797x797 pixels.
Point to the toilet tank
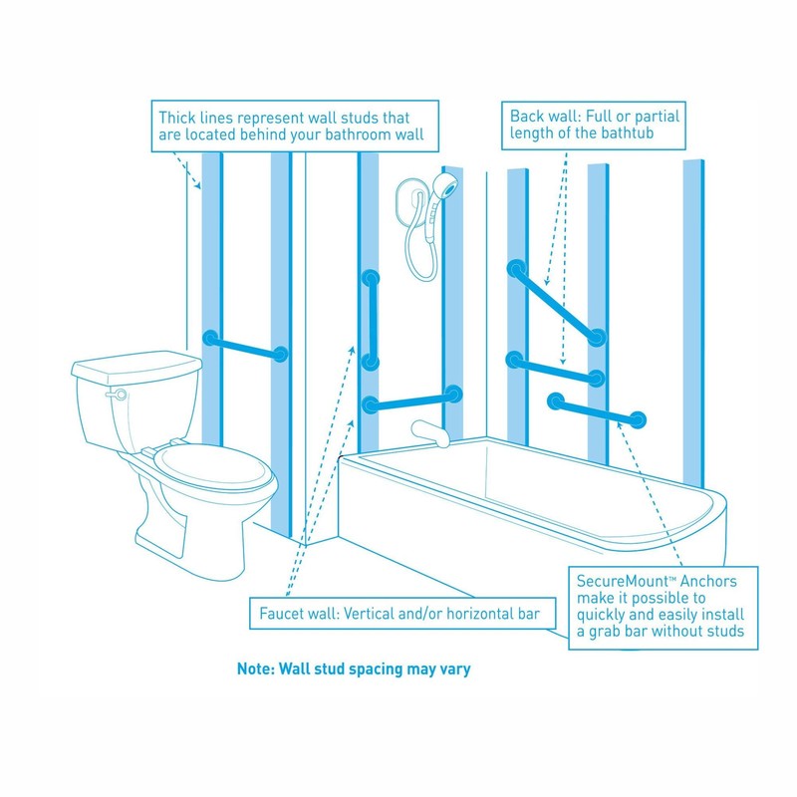pos(130,398)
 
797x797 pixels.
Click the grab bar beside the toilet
pos(245,346)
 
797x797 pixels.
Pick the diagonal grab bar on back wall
pos(556,303)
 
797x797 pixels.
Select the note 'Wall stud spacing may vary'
pos(354,669)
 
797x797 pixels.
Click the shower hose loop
pos(418,249)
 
